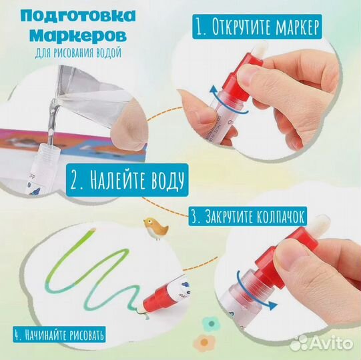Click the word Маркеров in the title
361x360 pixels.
pos(78,36)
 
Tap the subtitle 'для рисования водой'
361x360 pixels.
pos(78,53)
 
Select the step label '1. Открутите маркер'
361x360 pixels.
pos(257,27)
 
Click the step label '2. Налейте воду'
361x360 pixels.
pos(127,180)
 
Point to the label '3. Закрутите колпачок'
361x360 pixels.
pos(248,216)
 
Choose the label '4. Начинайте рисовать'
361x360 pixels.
pos(59,334)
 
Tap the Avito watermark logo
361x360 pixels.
pos(322,343)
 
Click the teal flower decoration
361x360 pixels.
pos(212,323)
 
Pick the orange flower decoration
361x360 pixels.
pos(204,343)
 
